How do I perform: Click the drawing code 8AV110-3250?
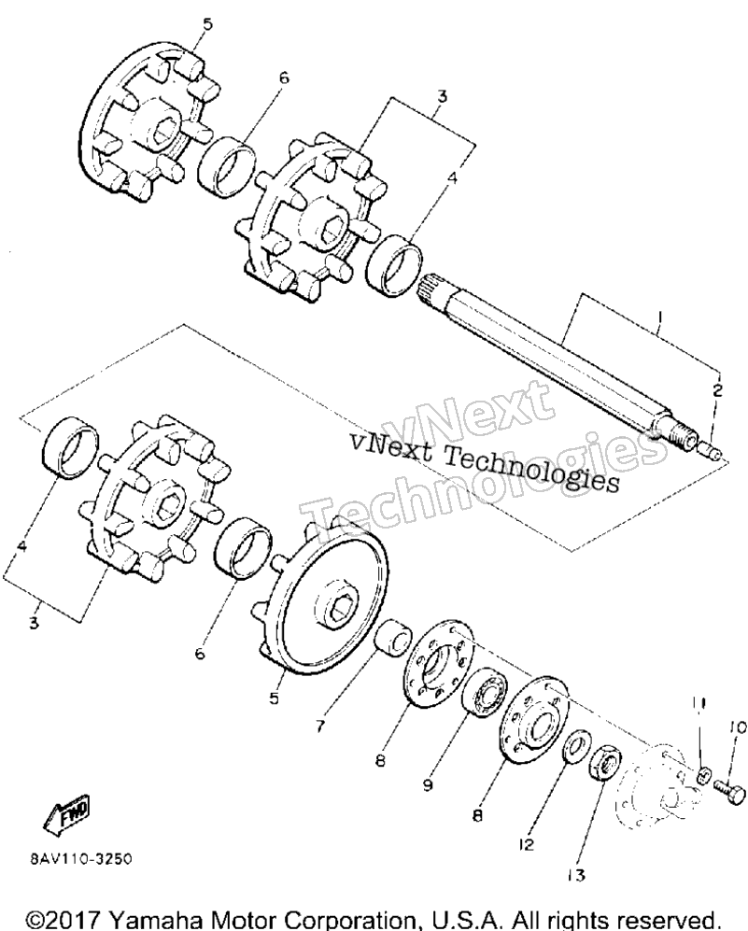[78, 859]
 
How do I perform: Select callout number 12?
[526, 844]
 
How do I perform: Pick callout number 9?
[428, 785]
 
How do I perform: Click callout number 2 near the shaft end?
[717, 390]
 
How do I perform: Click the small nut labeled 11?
[703, 774]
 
